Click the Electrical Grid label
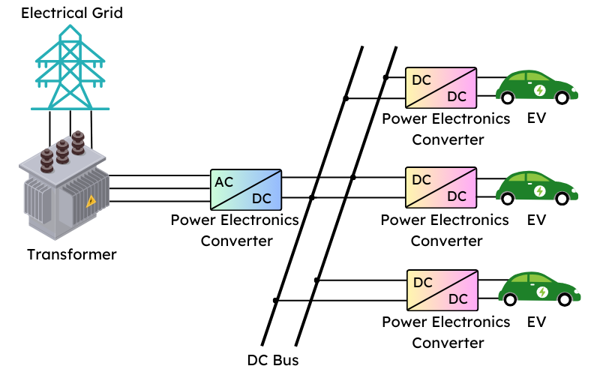click(x=72, y=13)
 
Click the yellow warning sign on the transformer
click(x=91, y=200)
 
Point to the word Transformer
click(x=72, y=254)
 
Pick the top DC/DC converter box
click(x=440, y=87)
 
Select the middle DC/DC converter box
click(x=440, y=188)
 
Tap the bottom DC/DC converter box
click(x=440, y=289)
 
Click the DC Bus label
click(x=273, y=360)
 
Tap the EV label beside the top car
click(x=536, y=118)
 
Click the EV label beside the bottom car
click(x=536, y=322)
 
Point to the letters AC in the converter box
click(x=224, y=181)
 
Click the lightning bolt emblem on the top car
click(x=539, y=90)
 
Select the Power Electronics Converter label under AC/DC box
click(x=235, y=230)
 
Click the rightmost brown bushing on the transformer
click(x=78, y=144)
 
